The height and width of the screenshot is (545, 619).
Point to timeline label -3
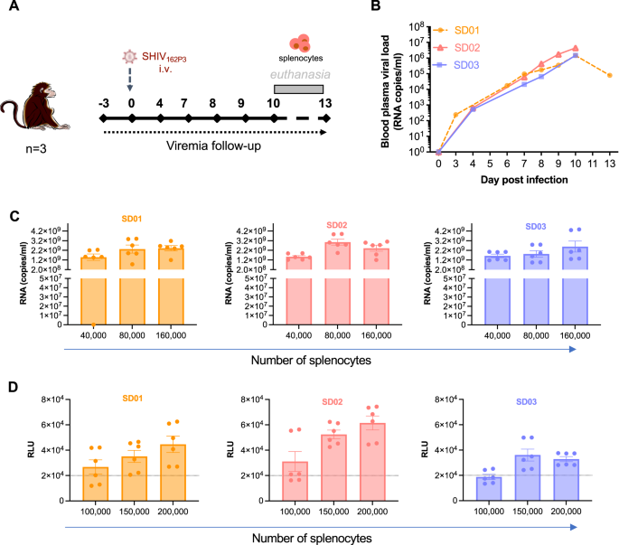tap(105, 103)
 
